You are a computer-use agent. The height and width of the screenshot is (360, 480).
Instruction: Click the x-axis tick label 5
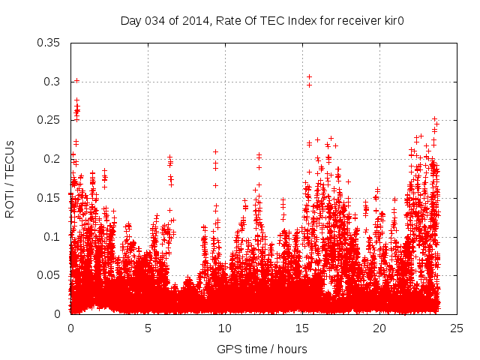point(148,328)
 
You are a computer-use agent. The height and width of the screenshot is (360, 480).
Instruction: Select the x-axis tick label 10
point(225,328)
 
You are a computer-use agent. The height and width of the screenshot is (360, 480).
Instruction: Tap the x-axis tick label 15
point(302,328)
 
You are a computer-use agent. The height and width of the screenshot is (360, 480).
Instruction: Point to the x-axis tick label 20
point(379,328)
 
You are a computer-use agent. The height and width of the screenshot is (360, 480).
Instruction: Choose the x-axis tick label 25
point(457,328)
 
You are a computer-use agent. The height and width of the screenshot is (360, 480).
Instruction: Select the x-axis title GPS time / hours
point(263,349)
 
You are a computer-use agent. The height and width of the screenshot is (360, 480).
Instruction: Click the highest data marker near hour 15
point(309,76)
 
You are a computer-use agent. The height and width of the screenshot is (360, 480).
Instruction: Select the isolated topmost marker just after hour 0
point(76,80)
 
